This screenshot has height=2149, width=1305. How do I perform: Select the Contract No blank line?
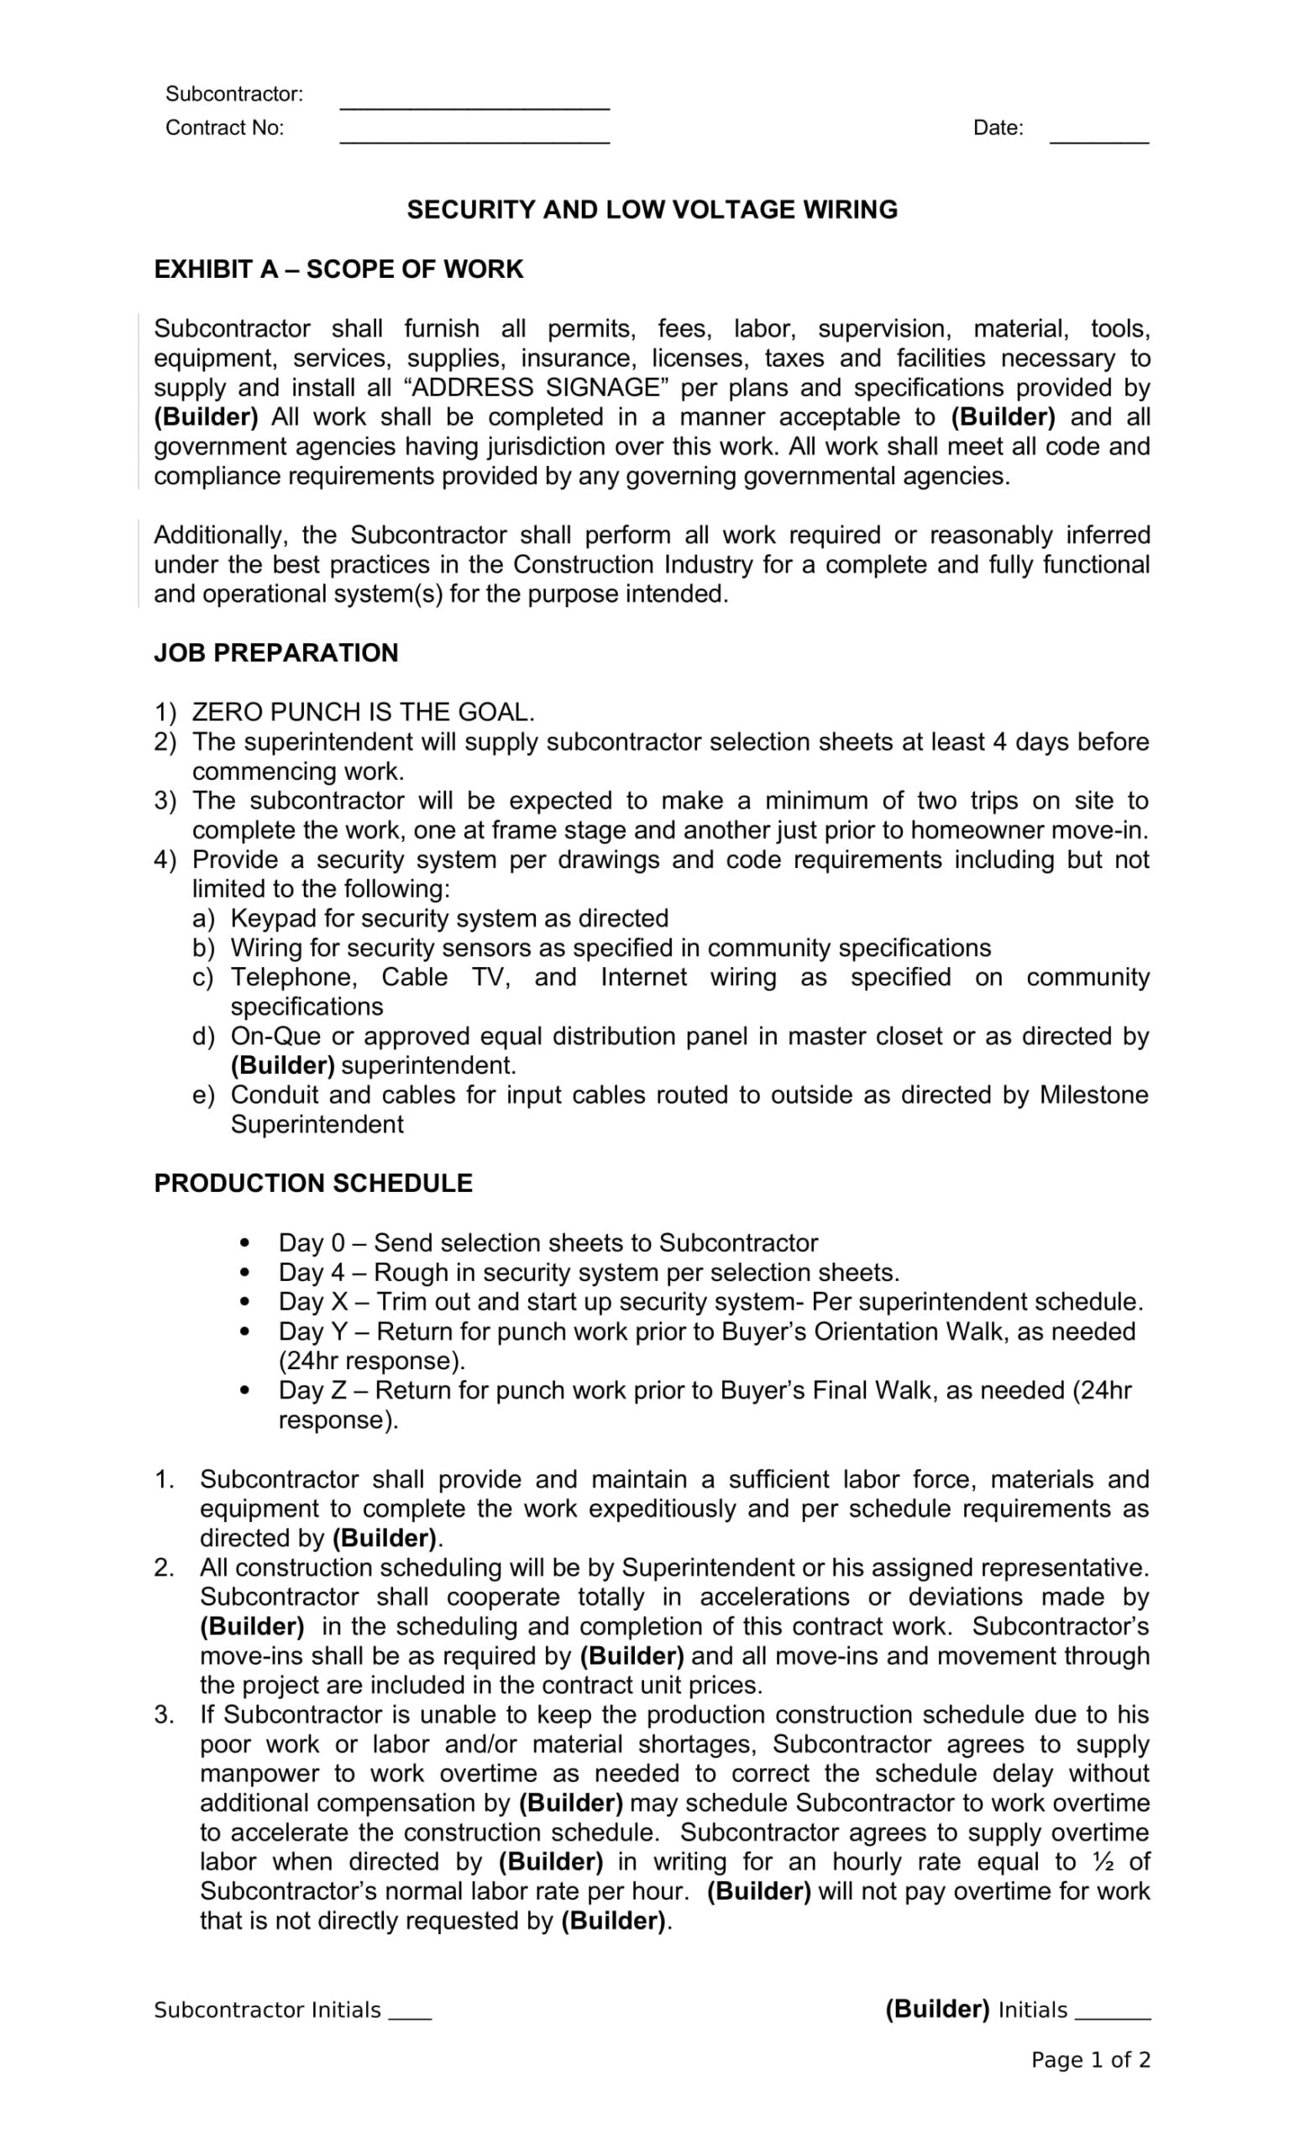tap(474, 138)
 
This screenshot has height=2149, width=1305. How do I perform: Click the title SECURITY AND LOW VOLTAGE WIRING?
tap(652, 210)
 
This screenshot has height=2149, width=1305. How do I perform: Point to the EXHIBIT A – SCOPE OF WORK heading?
tap(338, 269)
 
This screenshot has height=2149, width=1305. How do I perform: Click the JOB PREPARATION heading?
tap(275, 653)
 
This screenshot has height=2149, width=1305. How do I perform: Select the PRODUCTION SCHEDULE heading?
tap(313, 1184)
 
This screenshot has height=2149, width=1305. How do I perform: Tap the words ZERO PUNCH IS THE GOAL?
tap(363, 713)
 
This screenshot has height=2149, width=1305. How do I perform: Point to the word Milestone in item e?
tap(1093, 1095)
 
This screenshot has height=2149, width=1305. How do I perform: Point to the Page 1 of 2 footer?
tap(1090, 2060)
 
